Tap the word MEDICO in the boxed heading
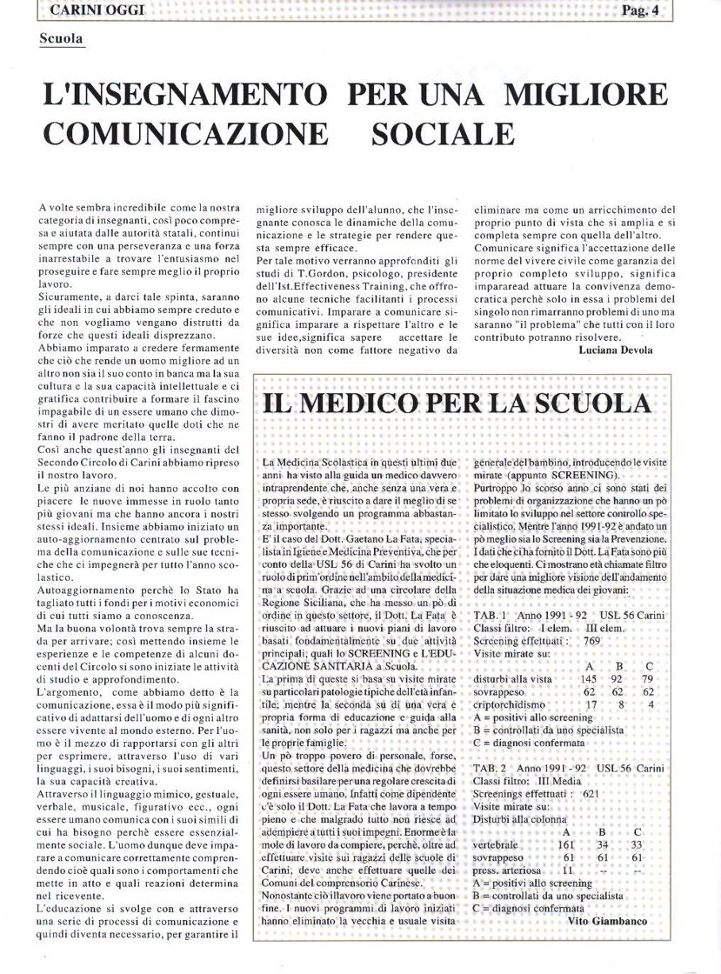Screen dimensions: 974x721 point(372,404)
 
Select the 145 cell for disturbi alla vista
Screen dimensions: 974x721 point(589,678)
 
